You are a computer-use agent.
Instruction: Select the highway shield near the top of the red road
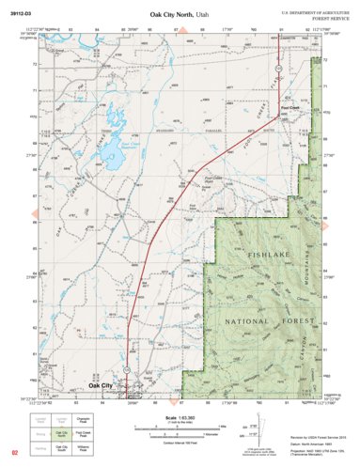279,71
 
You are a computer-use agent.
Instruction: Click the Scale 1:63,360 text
180,416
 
